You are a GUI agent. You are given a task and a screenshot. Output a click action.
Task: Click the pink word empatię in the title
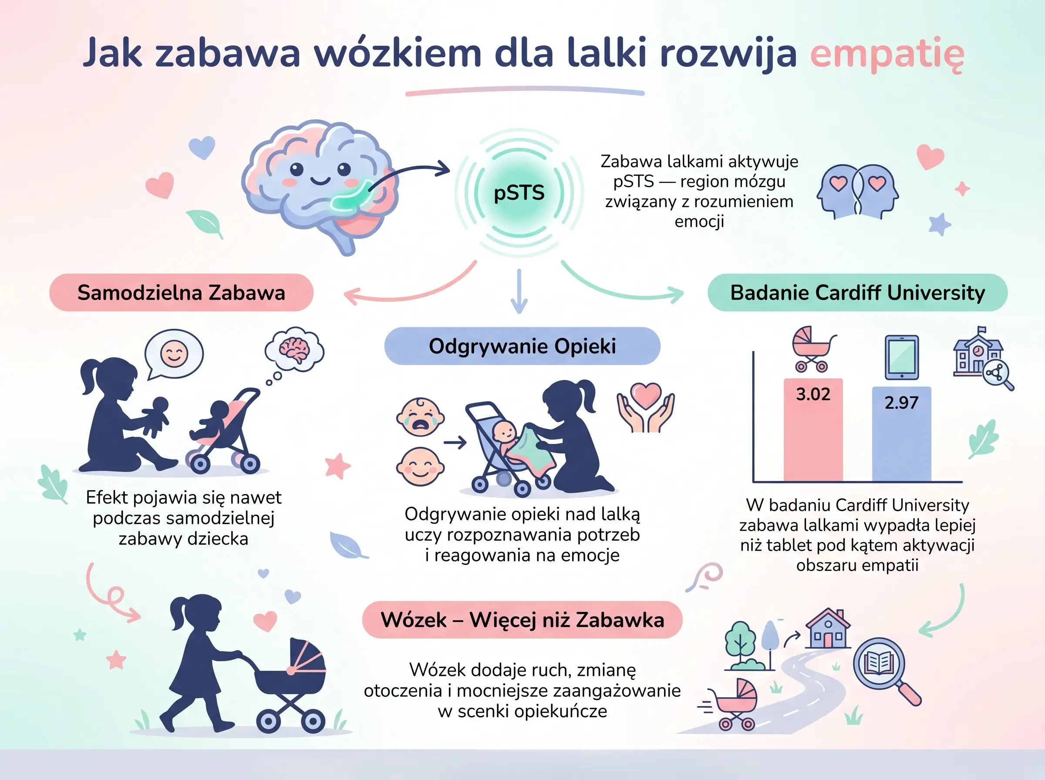(887, 54)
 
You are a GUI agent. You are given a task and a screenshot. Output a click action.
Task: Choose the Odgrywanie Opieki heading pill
(522, 346)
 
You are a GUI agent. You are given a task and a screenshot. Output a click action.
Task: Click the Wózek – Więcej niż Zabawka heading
(522, 620)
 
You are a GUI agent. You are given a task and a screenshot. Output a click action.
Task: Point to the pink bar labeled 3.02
(812, 430)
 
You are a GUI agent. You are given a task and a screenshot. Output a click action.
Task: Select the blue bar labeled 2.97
(901, 434)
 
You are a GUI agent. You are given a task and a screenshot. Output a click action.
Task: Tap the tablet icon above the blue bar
(901, 357)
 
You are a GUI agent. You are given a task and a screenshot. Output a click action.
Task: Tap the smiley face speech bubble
(174, 353)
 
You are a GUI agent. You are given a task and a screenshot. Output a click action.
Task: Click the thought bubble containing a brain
(295, 350)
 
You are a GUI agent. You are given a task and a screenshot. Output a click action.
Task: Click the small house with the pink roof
(828, 629)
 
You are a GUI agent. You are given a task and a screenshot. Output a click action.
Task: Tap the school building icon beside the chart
(978, 356)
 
